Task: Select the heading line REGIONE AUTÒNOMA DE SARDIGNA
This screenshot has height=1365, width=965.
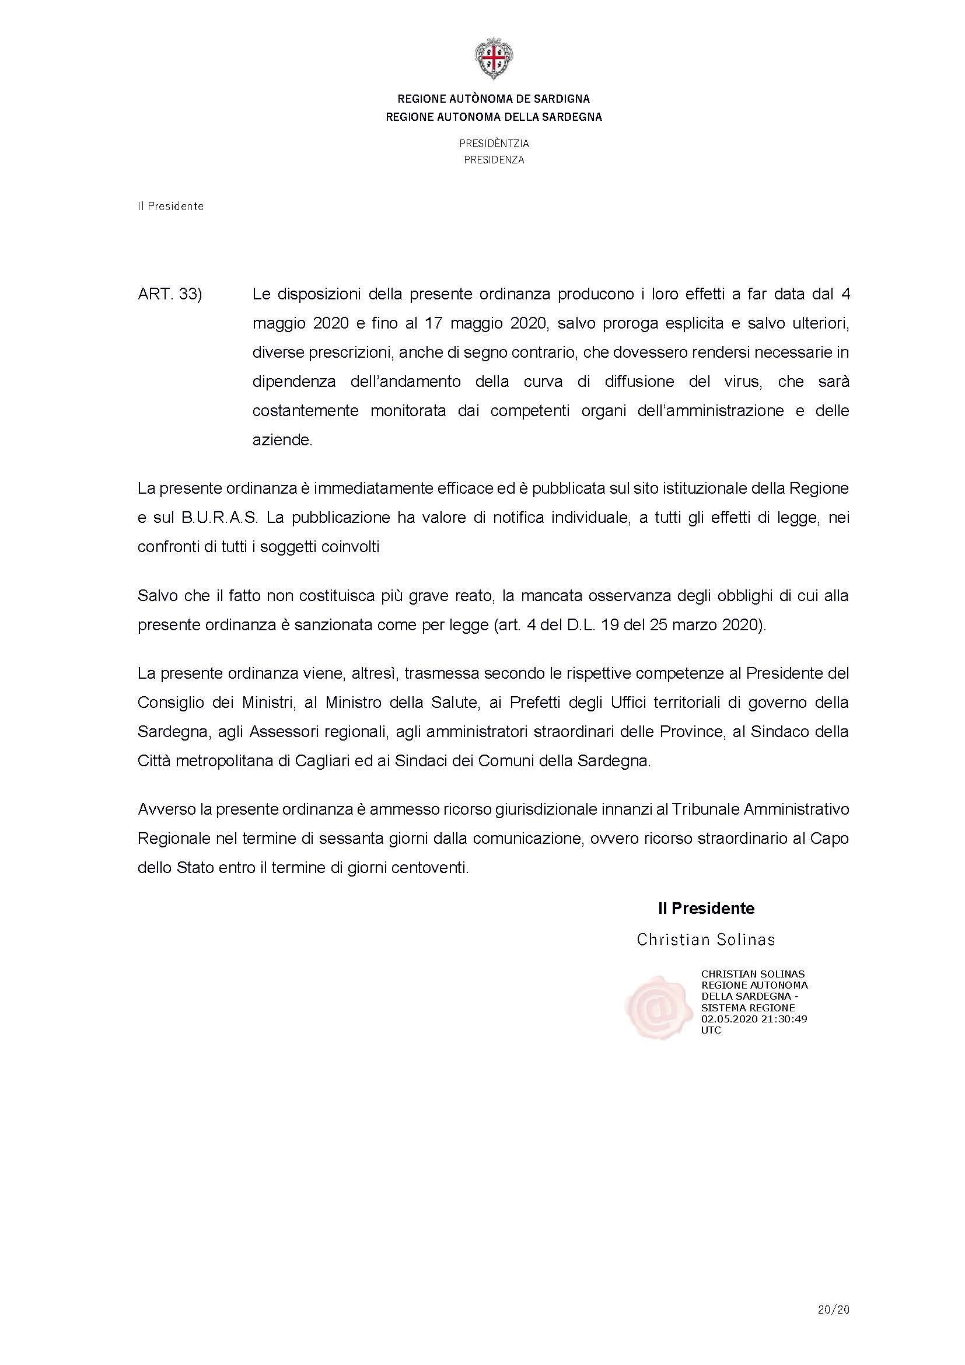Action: (x=494, y=99)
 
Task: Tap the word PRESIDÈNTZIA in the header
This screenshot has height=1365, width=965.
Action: (x=494, y=144)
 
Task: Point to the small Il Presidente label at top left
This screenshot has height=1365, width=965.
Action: (x=170, y=206)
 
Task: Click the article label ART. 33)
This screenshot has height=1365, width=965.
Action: (x=170, y=294)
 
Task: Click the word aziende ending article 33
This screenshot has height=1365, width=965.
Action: (x=282, y=441)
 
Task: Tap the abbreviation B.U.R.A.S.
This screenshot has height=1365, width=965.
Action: (x=219, y=518)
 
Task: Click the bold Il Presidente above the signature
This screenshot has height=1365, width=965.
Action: (x=706, y=909)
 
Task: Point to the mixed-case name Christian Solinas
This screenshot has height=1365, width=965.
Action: (x=706, y=940)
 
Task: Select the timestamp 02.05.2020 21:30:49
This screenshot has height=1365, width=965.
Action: (x=753, y=1018)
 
